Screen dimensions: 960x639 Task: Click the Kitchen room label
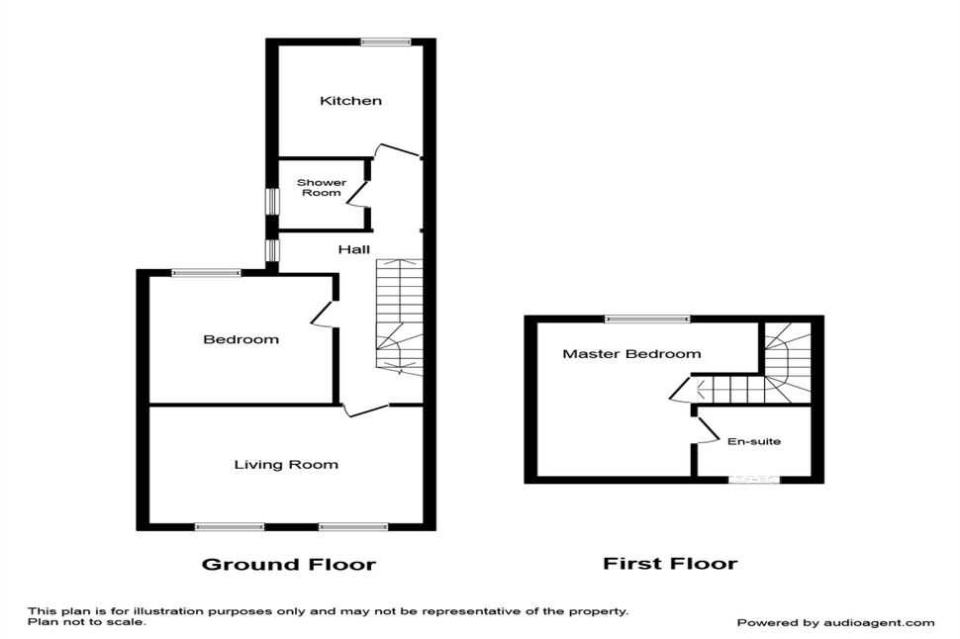[350, 101]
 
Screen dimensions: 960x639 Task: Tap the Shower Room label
[322, 187]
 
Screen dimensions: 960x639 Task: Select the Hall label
[354, 249]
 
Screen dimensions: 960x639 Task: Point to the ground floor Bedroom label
[240, 339]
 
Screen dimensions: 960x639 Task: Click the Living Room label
[286, 465]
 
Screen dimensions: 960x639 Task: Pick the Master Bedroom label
[631, 354]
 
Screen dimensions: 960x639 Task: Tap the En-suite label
[754, 441]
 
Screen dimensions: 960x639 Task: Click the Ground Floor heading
[288, 565]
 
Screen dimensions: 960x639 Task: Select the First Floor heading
[670, 563]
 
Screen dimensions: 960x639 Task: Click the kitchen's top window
[386, 42]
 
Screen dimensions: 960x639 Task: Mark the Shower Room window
[271, 202]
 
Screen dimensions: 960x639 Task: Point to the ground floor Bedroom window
[206, 273]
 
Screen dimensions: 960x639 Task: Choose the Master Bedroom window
[648, 319]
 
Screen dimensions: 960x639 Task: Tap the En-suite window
[754, 480]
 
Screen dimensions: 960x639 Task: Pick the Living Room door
[365, 410]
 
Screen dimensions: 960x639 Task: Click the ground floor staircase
[399, 318]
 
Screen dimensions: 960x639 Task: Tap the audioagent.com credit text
[835, 623]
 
